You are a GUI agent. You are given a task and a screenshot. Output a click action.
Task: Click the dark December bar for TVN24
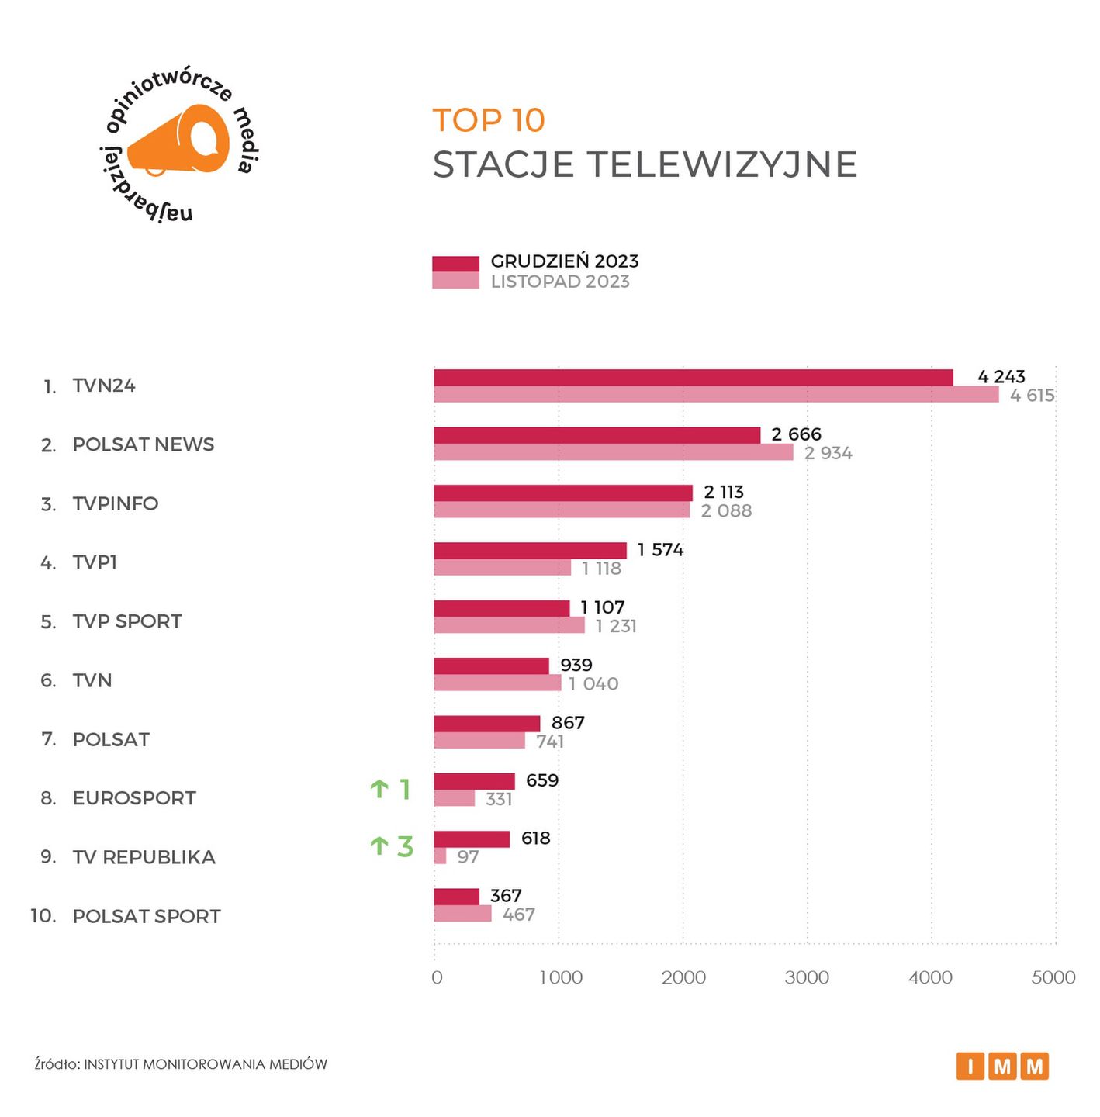tap(693, 378)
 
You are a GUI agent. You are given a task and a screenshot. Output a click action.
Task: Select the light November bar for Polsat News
tap(613, 452)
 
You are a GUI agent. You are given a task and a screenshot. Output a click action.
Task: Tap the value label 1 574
tap(660, 550)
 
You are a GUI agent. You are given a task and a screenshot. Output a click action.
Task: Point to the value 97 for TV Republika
tap(468, 857)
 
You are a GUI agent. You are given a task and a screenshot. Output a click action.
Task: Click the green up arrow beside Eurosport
tap(379, 789)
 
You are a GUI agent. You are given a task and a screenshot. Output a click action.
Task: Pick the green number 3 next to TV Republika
tap(405, 846)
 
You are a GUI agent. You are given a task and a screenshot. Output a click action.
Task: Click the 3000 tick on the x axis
tap(807, 977)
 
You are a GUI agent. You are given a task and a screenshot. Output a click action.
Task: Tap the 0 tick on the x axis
tap(437, 977)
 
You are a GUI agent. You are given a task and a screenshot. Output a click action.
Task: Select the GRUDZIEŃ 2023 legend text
tap(564, 261)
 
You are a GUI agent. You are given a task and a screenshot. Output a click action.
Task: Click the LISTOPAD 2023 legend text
tap(560, 282)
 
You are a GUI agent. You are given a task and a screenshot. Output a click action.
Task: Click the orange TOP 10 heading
tap(489, 120)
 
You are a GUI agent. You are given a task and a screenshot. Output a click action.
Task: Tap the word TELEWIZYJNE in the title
tap(721, 164)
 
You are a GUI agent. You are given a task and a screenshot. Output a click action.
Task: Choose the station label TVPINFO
tap(116, 504)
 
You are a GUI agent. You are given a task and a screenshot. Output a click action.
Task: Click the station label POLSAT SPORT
tap(147, 917)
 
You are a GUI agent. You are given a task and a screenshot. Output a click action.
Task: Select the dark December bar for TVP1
tap(530, 551)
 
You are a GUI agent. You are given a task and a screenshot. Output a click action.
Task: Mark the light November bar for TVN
tap(497, 683)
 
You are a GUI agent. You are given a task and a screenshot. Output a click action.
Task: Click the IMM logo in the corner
tap(1002, 1067)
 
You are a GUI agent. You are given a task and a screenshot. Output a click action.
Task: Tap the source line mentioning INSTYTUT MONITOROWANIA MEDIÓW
tap(181, 1064)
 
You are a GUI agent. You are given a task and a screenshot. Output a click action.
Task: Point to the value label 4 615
tap(1032, 396)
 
